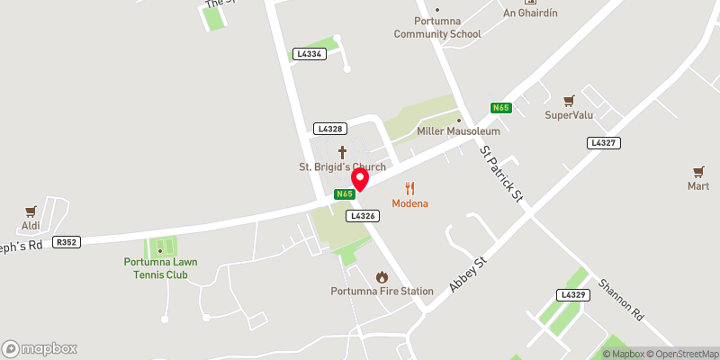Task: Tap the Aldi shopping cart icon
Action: (x=31, y=211)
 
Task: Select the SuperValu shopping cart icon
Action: (x=569, y=101)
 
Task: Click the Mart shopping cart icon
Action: (x=698, y=171)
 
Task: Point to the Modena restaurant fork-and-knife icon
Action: (x=410, y=188)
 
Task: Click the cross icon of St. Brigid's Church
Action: (x=342, y=152)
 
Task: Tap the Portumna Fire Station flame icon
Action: (x=382, y=276)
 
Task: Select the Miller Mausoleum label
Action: (x=458, y=131)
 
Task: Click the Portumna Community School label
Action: (x=437, y=28)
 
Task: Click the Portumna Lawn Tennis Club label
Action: (x=161, y=268)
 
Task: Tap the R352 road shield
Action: (x=67, y=242)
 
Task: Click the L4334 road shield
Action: (x=308, y=55)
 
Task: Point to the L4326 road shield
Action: (x=361, y=216)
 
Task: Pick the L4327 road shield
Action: (x=602, y=143)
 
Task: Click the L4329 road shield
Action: (x=571, y=295)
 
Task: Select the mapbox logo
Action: (x=40, y=348)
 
